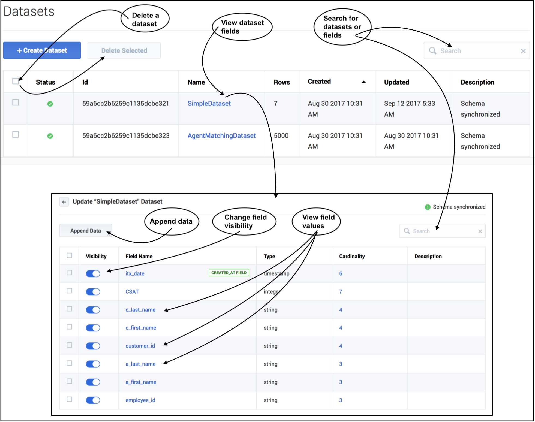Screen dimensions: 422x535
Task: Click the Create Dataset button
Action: [42, 50]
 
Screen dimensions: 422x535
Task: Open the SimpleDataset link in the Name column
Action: [209, 104]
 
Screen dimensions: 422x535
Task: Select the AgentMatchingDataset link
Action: [221, 136]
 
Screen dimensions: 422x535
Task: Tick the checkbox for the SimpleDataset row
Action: [16, 103]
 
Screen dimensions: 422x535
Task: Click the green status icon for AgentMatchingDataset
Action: [50, 136]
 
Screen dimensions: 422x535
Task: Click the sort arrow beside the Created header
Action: [363, 82]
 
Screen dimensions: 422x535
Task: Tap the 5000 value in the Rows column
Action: [281, 136]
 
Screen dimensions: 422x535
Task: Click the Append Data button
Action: [85, 231]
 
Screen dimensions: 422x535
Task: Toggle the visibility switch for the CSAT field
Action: [93, 292]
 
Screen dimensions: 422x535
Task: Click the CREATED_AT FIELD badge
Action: [229, 273]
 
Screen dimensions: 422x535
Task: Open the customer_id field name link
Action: [140, 346]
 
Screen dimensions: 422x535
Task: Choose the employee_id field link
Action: [140, 400]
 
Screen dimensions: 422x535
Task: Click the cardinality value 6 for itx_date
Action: [341, 273]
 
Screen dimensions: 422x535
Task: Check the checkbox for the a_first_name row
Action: [70, 381]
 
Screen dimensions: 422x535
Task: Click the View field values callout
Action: [316, 221]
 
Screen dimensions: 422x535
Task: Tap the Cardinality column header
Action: [352, 256]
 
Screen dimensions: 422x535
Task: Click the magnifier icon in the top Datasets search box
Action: [432, 51]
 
